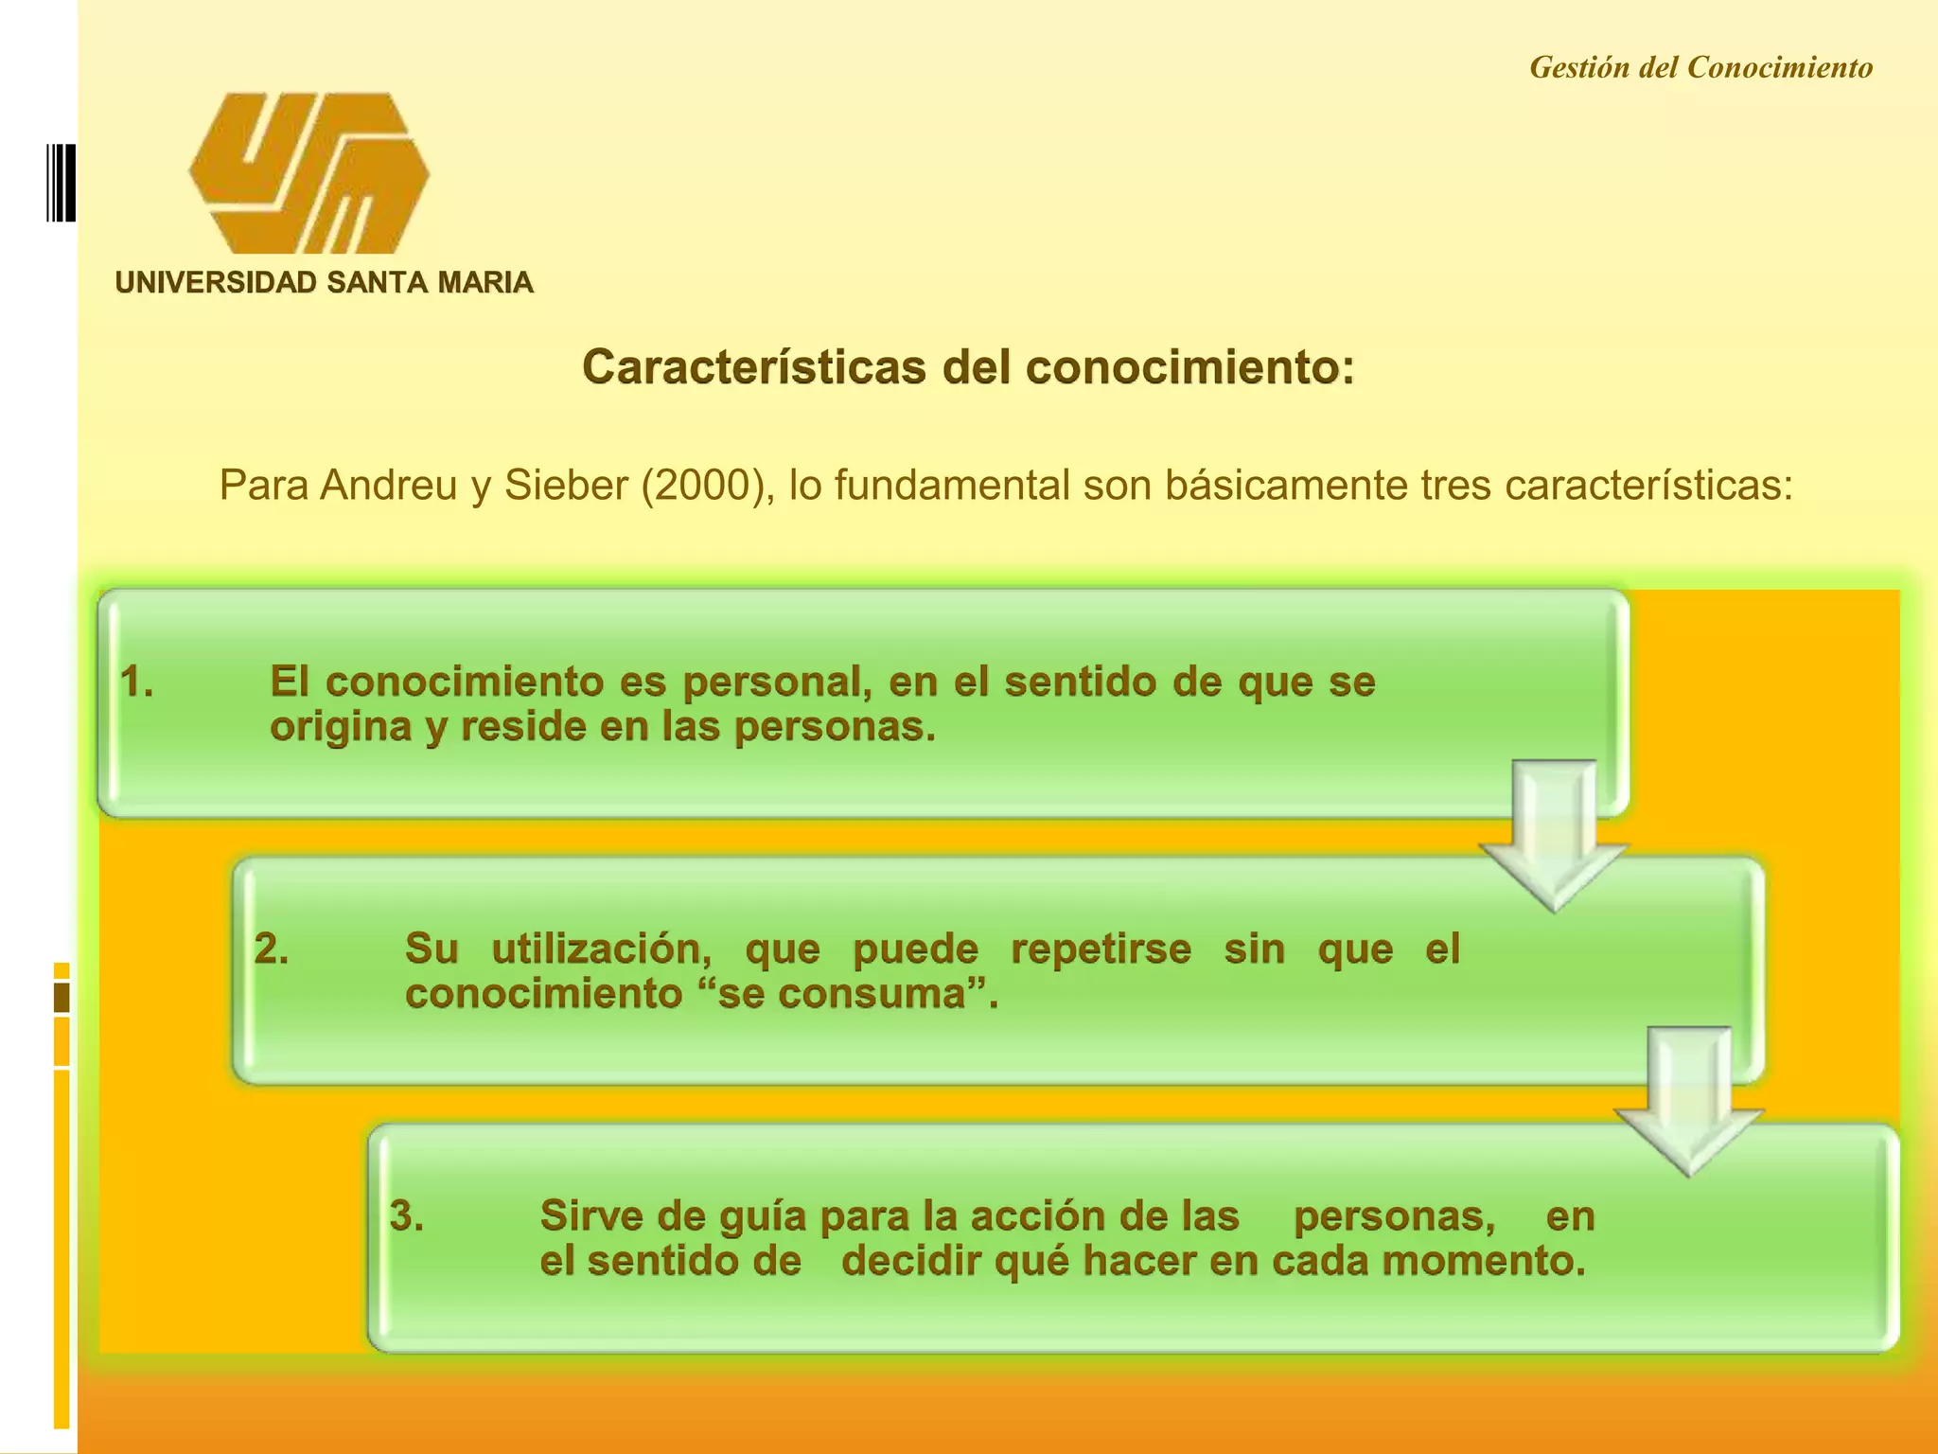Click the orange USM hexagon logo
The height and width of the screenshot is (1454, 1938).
[308, 173]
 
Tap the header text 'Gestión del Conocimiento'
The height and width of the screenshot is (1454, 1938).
[1700, 68]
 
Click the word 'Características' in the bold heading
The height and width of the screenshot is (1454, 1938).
[753, 367]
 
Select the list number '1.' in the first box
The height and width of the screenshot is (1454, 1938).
[137, 682]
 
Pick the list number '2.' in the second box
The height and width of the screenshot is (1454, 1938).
[272, 949]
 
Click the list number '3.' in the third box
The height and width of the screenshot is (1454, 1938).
[407, 1215]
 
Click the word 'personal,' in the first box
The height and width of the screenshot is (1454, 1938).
[777, 683]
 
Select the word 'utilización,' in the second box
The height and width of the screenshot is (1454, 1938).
[602, 949]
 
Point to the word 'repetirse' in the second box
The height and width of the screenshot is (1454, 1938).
[1101, 949]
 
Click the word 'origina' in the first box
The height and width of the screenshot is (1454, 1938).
[340, 728]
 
